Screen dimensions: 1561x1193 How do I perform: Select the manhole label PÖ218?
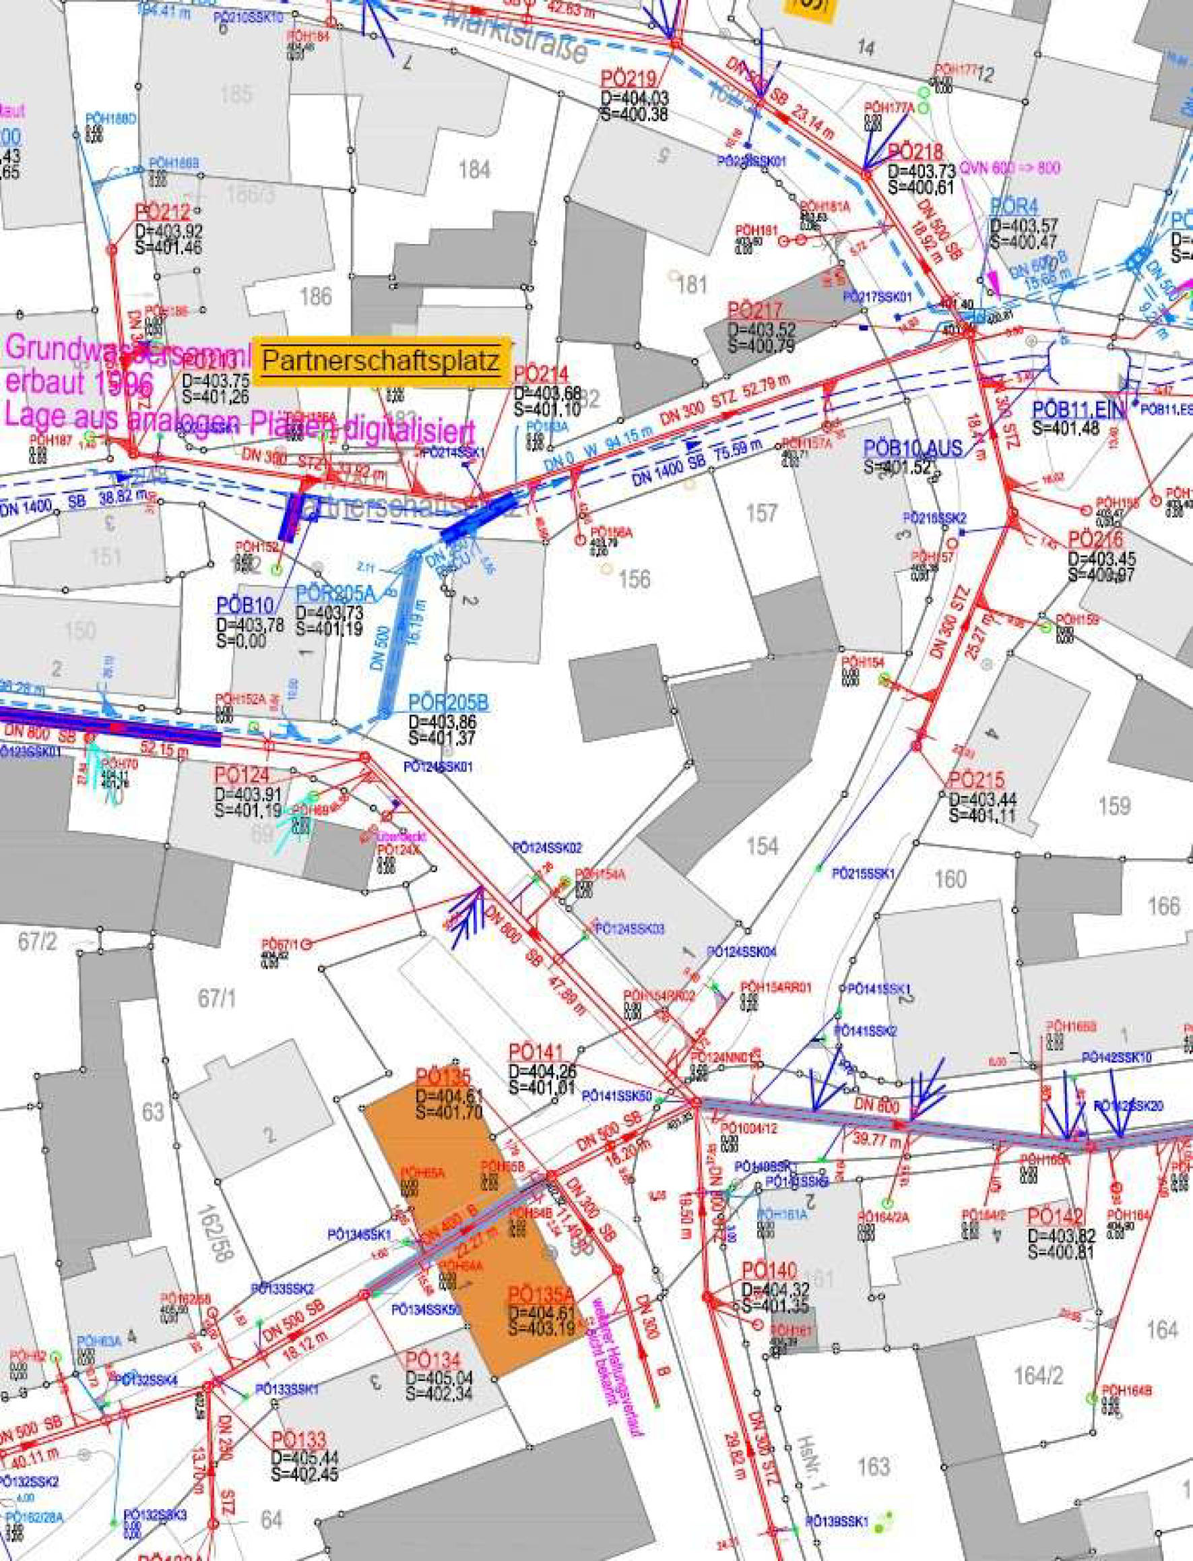(915, 152)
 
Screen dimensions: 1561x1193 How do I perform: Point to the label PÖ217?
(754, 311)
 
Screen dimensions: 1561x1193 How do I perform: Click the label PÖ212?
(162, 212)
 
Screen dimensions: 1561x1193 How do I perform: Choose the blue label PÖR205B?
(448, 703)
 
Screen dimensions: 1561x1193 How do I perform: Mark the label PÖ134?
(433, 1361)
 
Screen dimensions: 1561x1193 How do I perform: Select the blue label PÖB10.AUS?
(913, 448)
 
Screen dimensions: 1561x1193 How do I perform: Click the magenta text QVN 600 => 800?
(1009, 169)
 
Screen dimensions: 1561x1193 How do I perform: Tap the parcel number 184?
(474, 170)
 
